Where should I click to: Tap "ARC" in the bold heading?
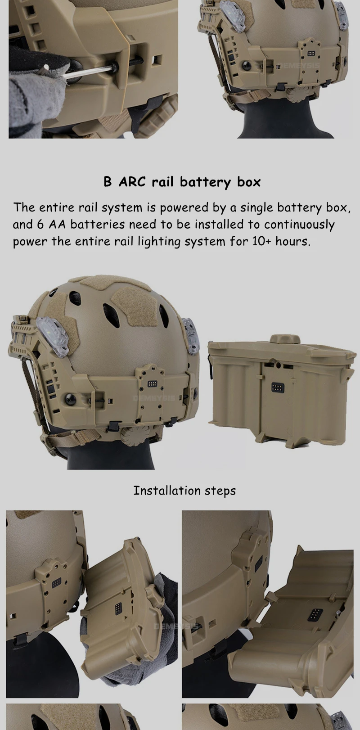click(131, 182)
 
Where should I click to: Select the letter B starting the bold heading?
click(108, 182)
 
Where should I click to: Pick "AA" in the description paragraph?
click(57, 225)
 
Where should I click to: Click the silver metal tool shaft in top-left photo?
click(88, 71)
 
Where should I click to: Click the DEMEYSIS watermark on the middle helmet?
click(154, 398)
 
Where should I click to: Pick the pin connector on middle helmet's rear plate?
click(152, 383)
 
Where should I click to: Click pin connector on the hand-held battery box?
click(117, 608)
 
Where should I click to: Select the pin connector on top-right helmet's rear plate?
click(311, 53)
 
